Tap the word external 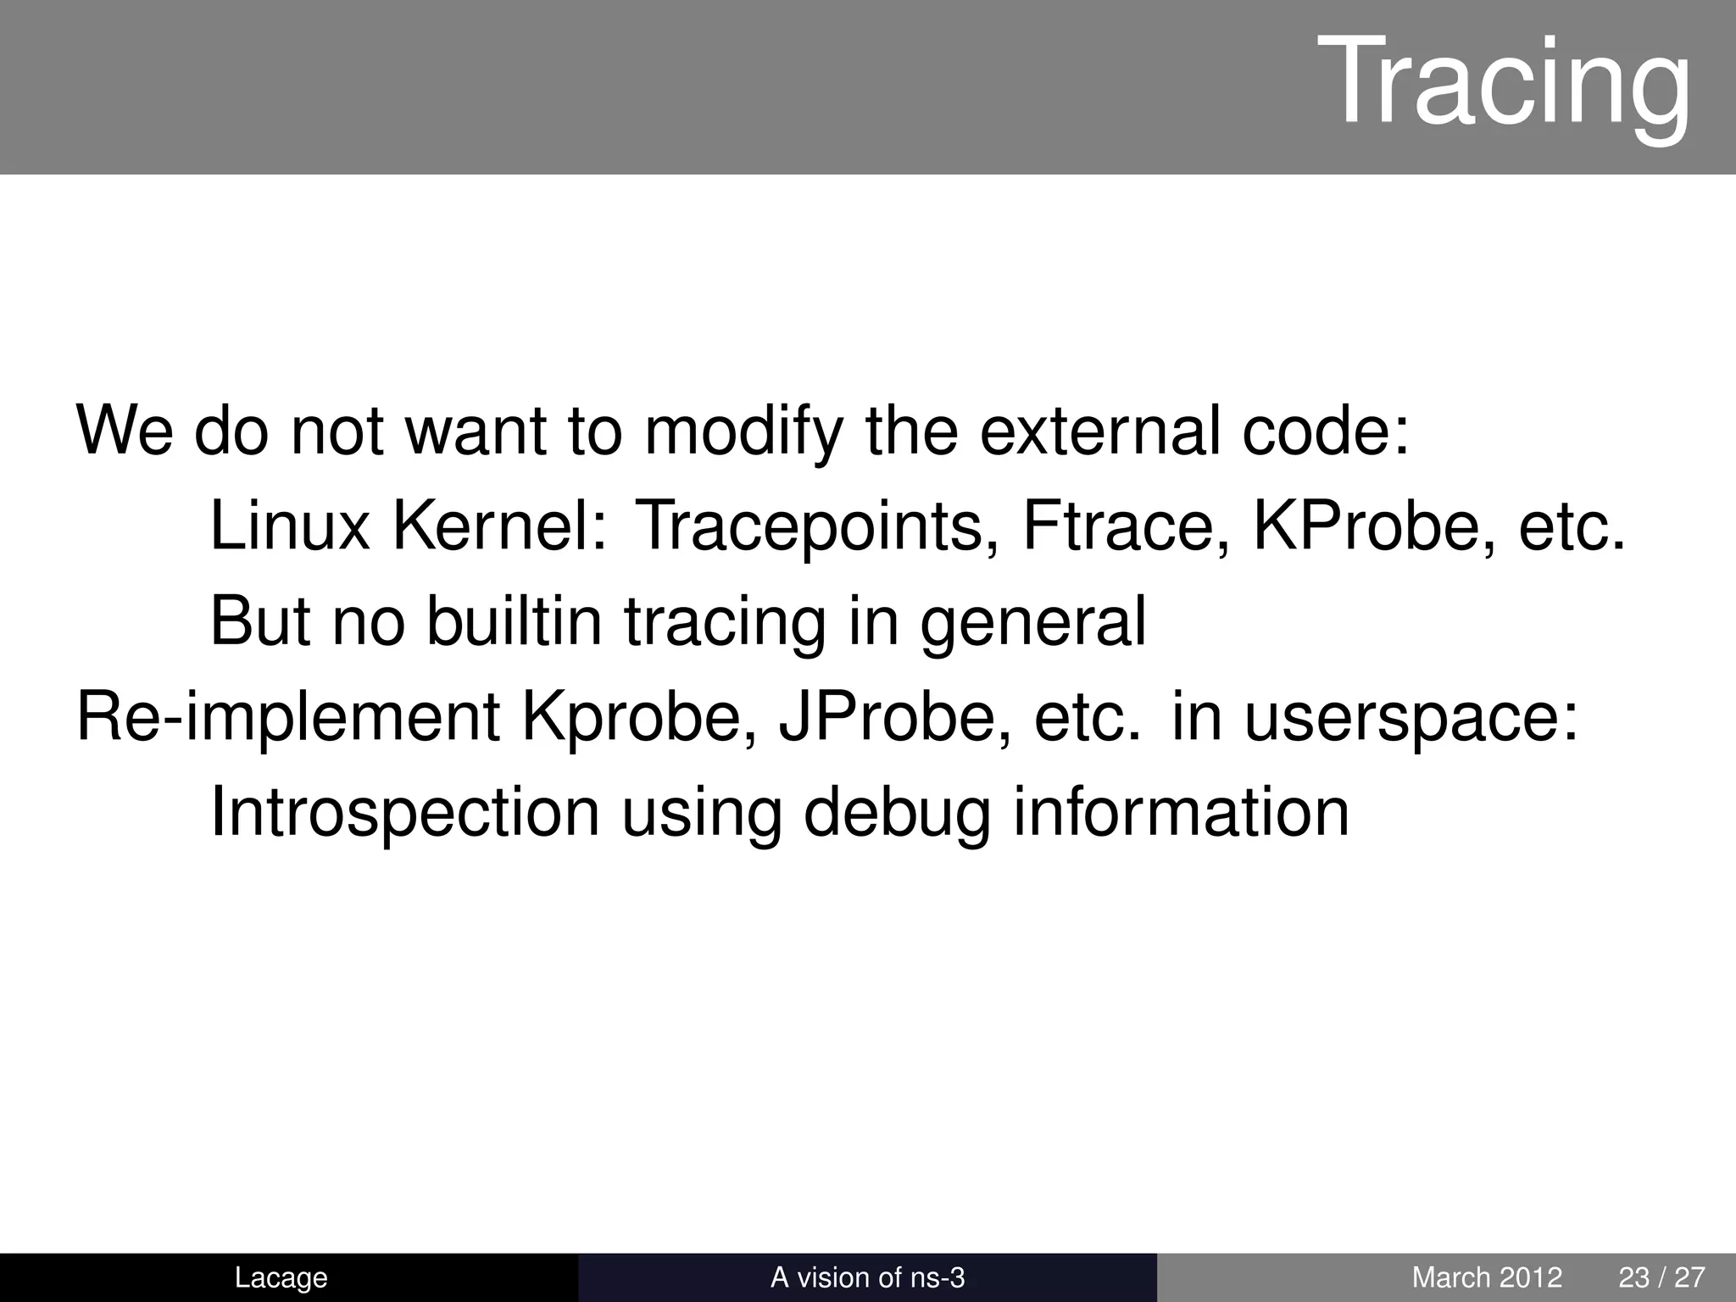(x=1102, y=431)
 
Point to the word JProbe (x=895, y=716)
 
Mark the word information (x=1181, y=811)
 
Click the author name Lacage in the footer (x=281, y=1277)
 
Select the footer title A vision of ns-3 (x=867, y=1277)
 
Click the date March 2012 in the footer (x=1487, y=1277)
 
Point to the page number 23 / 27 (x=1661, y=1277)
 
